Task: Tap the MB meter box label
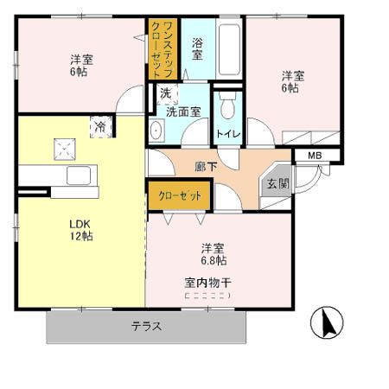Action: [x=315, y=156]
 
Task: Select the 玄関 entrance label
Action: [x=277, y=183]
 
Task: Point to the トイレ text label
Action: [x=228, y=134]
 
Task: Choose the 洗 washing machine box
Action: [x=163, y=92]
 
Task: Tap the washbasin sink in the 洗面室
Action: [x=156, y=131]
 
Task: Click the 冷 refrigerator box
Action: [x=100, y=126]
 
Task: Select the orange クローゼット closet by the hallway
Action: [x=180, y=196]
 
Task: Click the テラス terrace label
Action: [x=147, y=327]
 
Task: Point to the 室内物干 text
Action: [x=207, y=282]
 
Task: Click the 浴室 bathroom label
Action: [x=198, y=48]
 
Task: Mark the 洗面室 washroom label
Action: [x=184, y=110]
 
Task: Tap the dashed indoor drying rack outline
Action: [x=207, y=296]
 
